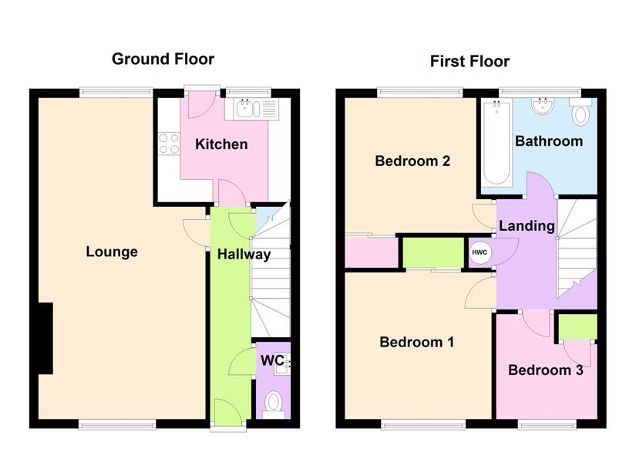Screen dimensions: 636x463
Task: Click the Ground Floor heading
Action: click(163, 59)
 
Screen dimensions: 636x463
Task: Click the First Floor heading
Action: click(469, 61)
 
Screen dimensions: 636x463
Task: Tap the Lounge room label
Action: click(112, 252)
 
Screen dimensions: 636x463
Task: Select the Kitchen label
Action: click(221, 144)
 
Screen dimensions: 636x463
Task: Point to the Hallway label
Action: click(244, 255)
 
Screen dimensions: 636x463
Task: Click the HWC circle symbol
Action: click(480, 252)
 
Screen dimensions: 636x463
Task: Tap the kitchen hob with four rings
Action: click(169, 144)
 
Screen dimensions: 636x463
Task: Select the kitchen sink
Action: click(251, 109)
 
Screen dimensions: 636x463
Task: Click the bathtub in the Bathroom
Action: click(496, 142)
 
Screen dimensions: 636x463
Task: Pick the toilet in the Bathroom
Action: click(580, 112)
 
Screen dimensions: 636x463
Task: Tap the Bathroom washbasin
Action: click(541, 106)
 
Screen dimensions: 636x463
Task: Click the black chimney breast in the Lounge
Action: click(45, 338)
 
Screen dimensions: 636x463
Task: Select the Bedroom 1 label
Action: click(416, 342)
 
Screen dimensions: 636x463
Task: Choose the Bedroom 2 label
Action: click(412, 161)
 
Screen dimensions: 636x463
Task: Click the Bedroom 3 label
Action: click(546, 370)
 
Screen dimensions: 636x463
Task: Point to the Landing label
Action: click(527, 226)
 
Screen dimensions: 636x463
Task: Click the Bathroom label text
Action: click(549, 141)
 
